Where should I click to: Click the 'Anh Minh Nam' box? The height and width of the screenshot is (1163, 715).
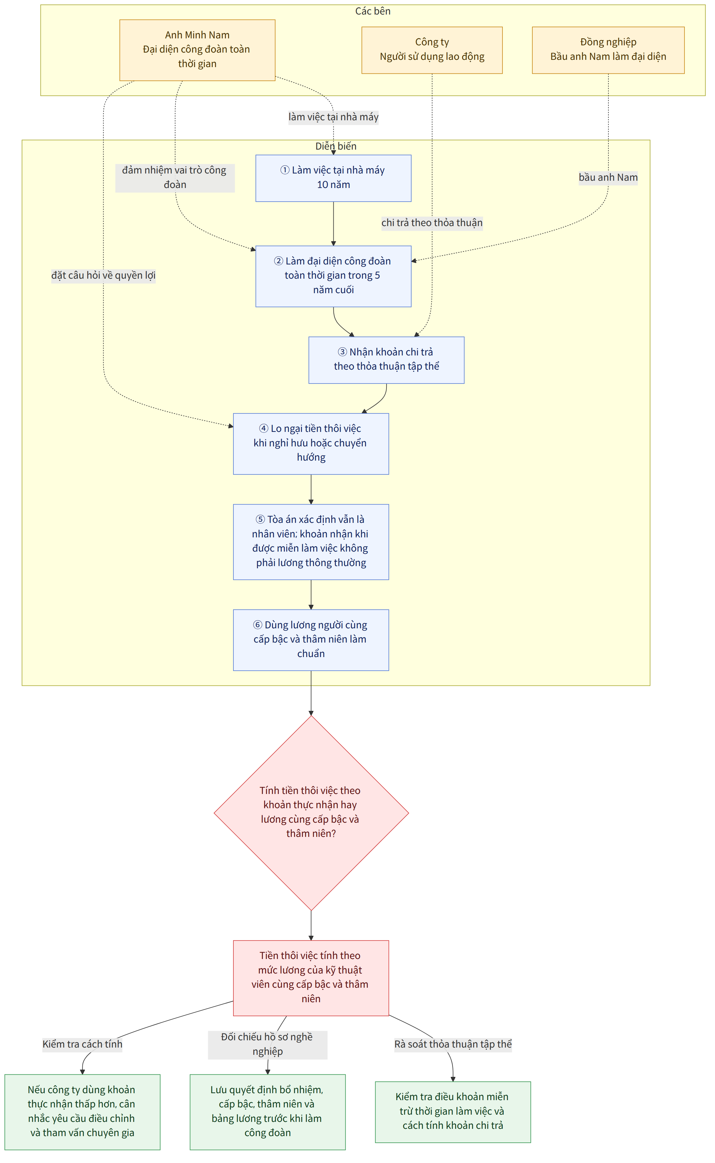click(x=197, y=50)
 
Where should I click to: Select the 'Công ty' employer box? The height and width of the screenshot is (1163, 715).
click(x=432, y=50)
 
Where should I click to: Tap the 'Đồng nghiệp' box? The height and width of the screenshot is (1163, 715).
click(x=608, y=50)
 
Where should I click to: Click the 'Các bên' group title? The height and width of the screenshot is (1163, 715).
click(x=373, y=11)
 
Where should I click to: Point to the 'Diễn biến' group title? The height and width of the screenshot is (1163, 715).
click(x=336, y=146)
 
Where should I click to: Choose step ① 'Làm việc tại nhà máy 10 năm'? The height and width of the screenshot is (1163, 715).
click(x=333, y=178)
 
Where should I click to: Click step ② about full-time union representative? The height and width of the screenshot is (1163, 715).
click(x=333, y=277)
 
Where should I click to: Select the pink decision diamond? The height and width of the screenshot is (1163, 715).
click(x=311, y=813)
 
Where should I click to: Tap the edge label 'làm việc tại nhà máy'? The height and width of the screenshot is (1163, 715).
click(x=333, y=117)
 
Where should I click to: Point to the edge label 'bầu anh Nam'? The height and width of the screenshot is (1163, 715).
click(x=608, y=177)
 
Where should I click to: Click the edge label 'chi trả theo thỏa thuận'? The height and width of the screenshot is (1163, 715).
click(x=432, y=223)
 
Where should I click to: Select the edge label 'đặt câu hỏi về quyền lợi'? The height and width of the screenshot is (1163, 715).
click(x=104, y=275)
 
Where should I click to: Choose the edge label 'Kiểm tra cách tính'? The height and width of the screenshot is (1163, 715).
click(x=82, y=1045)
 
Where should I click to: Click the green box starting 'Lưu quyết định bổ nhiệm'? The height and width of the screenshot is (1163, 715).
click(x=268, y=1112)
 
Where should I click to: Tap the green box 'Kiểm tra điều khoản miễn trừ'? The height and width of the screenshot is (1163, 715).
click(x=453, y=1112)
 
